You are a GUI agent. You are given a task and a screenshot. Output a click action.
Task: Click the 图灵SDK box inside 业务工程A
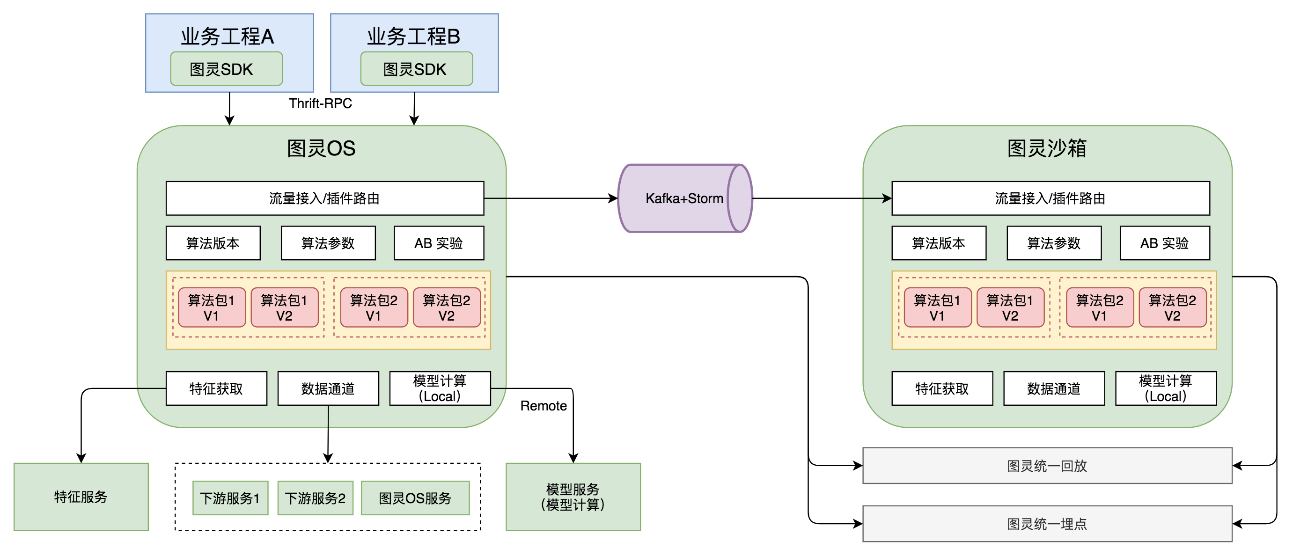(x=227, y=69)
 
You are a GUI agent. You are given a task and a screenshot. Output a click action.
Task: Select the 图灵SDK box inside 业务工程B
(x=416, y=69)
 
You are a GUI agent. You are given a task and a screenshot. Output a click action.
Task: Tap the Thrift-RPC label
(x=320, y=103)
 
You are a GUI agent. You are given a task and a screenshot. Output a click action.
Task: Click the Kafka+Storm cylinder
(x=683, y=198)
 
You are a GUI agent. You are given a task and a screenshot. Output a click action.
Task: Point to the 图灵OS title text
(x=321, y=148)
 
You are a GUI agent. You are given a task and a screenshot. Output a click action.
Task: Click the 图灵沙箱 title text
(x=1047, y=148)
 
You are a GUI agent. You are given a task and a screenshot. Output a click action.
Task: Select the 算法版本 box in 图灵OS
(x=213, y=243)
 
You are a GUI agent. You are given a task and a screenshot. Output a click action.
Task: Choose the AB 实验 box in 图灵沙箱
(x=1165, y=243)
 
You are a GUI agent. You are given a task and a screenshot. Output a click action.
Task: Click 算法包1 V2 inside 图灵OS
(x=285, y=307)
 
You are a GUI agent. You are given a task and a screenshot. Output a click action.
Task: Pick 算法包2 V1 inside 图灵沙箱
(x=1099, y=307)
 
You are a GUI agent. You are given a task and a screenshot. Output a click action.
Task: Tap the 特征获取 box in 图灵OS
(x=216, y=388)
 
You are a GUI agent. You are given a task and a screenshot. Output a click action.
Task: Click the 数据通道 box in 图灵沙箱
(x=1054, y=388)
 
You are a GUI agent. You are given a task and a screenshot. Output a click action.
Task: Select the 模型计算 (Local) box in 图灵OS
(x=440, y=388)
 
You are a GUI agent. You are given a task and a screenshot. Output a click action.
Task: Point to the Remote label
(x=543, y=405)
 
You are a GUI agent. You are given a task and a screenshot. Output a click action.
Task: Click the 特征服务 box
(x=81, y=497)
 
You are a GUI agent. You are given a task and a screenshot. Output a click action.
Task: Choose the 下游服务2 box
(x=315, y=498)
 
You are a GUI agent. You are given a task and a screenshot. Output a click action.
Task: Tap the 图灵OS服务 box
(x=415, y=498)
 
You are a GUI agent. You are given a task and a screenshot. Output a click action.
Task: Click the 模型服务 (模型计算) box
(x=573, y=497)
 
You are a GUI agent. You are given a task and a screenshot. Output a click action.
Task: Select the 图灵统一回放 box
(x=1047, y=466)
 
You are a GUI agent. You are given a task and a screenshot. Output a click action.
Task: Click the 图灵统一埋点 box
(x=1047, y=524)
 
